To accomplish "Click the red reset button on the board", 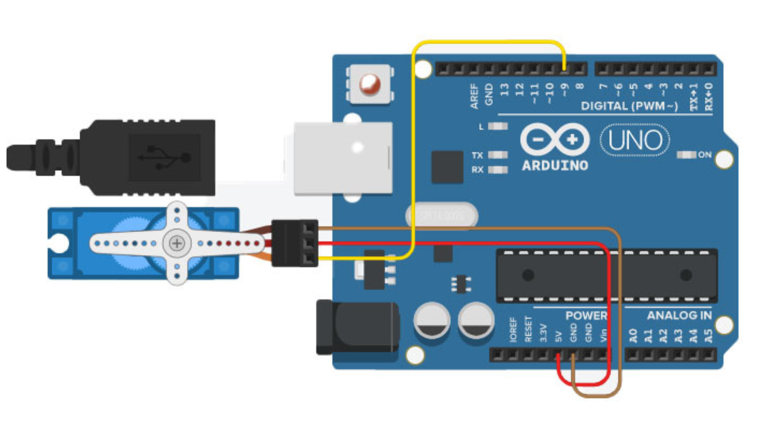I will click(370, 84).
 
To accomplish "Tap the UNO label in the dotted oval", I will click(635, 140).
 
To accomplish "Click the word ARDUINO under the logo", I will click(555, 166).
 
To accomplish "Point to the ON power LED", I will click(686, 155).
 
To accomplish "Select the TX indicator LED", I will click(498, 155).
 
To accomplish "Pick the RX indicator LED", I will click(498, 170).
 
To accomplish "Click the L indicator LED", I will click(498, 126).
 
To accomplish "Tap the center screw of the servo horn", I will click(177, 243).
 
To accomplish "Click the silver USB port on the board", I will click(343, 158).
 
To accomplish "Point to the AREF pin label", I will click(474, 96).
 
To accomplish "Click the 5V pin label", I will click(558, 336).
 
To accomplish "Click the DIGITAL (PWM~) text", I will click(629, 106).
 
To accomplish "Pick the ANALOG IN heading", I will click(679, 316).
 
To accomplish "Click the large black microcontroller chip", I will click(606, 275).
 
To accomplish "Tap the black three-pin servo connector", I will click(295, 243).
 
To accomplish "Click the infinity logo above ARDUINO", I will click(555, 139).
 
